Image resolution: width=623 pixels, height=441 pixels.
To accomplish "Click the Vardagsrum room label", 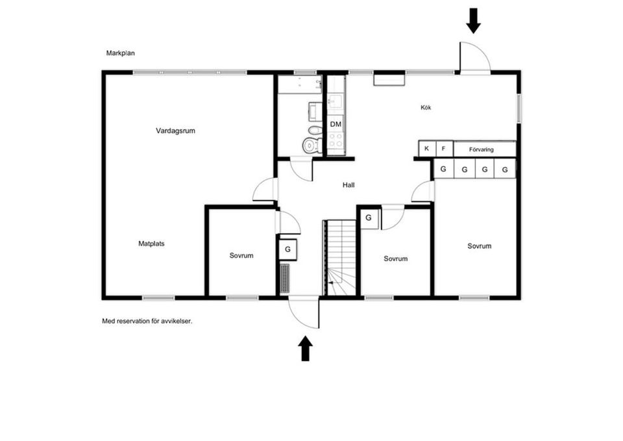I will click(x=175, y=131).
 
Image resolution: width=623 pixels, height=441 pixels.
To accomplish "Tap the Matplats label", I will click(x=151, y=244).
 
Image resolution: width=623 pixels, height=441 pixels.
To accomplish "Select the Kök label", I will click(x=426, y=108).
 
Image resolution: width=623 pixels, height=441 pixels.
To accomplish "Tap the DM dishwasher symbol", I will click(x=336, y=124).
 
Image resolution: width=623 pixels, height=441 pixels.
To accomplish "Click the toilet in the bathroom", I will click(x=311, y=144).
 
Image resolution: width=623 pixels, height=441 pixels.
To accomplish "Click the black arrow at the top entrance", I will click(x=474, y=20).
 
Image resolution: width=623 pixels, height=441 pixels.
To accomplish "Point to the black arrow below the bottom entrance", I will click(x=305, y=348).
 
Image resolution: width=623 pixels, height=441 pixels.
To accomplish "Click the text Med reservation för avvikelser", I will click(x=147, y=321).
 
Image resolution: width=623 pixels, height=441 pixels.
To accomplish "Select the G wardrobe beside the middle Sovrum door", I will click(x=369, y=218).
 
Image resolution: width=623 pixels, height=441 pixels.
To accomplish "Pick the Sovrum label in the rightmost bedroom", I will click(x=479, y=246).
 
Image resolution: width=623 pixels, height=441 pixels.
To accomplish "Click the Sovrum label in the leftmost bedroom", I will click(x=241, y=256).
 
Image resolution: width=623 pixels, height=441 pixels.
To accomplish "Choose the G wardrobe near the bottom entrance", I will click(x=287, y=249).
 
